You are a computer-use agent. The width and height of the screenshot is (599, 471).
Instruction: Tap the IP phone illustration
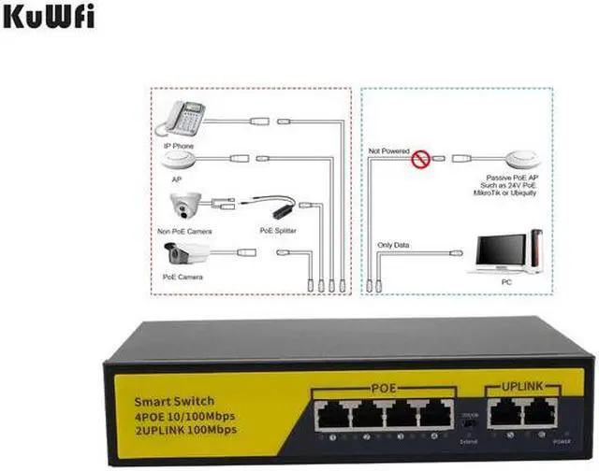184,119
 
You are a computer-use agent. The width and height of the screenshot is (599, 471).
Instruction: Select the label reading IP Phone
180,146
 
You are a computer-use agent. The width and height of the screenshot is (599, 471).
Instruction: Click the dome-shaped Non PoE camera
185,207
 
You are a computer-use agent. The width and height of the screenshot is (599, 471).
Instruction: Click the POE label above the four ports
387,387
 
